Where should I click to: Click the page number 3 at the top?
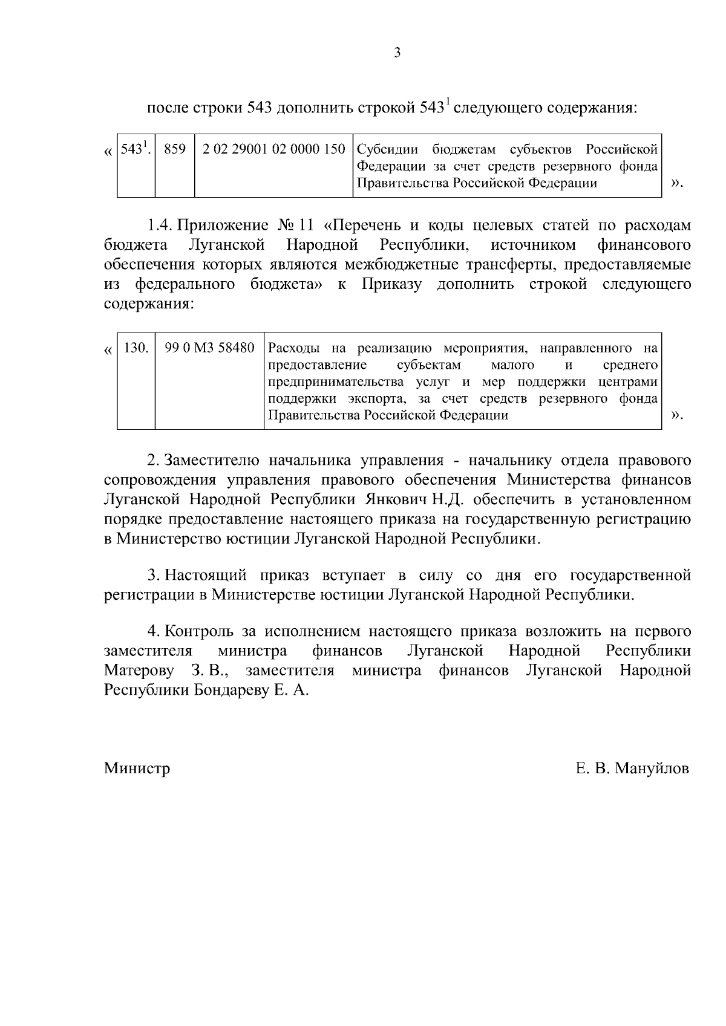(397, 53)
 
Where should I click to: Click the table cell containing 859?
(175, 149)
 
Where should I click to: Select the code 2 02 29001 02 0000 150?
(273, 149)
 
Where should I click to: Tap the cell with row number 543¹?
(135, 149)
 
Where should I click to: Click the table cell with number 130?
(136, 348)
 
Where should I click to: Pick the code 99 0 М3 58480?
(209, 348)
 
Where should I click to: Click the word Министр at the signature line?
(137, 768)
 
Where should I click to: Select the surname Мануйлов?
(652, 768)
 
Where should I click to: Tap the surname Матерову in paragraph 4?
(139, 670)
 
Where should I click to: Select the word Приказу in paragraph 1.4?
(391, 285)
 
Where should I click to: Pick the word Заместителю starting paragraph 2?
(212, 460)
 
